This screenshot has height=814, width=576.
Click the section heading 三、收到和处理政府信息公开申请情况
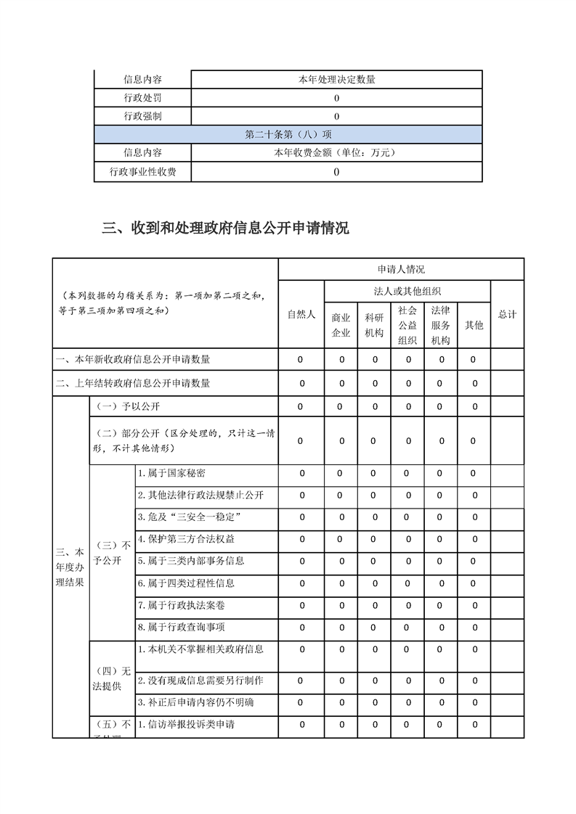(x=225, y=229)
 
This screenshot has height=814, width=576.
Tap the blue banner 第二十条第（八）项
(x=288, y=134)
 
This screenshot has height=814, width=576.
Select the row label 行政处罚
(x=142, y=98)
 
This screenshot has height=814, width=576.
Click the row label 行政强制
(x=142, y=116)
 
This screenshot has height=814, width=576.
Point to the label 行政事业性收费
(x=142, y=172)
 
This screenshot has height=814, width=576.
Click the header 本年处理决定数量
(x=336, y=80)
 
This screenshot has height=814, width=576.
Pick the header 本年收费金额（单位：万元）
(x=336, y=153)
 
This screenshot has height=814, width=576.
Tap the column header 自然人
(x=301, y=314)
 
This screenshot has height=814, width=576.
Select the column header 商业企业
(x=341, y=325)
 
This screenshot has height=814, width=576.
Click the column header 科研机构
(x=374, y=325)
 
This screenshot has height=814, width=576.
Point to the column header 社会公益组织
(x=407, y=325)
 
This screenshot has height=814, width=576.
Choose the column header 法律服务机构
(x=441, y=325)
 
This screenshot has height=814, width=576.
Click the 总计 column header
(x=507, y=314)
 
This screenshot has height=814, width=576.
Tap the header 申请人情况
(x=401, y=269)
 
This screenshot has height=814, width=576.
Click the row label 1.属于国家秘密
(x=171, y=474)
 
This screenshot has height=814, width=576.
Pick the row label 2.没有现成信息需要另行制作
(x=200, y=681)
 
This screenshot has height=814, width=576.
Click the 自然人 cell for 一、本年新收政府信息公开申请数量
(x=301, y=359)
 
